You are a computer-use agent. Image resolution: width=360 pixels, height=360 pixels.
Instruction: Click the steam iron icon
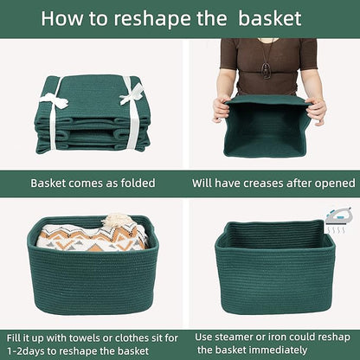337,217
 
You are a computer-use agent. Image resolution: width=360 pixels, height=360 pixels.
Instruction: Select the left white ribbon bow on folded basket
55,99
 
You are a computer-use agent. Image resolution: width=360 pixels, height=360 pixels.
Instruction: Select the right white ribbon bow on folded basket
131,93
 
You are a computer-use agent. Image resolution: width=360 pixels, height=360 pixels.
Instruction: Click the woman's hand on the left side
222,109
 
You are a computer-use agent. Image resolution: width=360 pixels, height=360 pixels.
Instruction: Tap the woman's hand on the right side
317,108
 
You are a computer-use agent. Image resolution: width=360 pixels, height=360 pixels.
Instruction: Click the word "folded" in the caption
134,183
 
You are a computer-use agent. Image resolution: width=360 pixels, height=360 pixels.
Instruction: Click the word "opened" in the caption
332,183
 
